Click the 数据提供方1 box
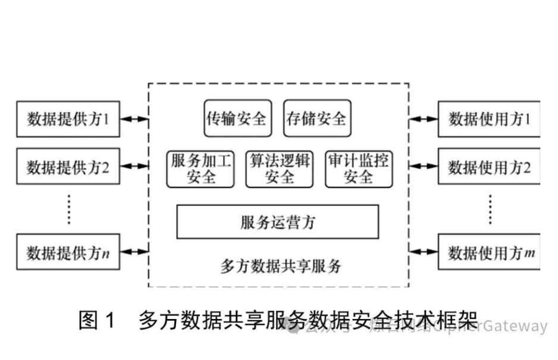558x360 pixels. click(x=68, y=120)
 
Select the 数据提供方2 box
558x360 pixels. click(x=68, y=167)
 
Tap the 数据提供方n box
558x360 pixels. click(x=68, y=252)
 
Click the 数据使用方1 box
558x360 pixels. click(x=489, y=120)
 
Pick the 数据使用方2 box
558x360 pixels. click(x=489, y=167)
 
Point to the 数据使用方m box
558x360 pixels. click(x=489, y=252)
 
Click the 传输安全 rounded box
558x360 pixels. click(x=237, y=118)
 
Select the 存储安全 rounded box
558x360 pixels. click(x=316, y=118)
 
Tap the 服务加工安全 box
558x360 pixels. click(x=200, y=169)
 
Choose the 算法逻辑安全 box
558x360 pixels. click(x=280, y=169)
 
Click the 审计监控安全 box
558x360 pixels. click(x=358, y=169)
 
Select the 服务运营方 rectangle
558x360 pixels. click(x=277, y=222)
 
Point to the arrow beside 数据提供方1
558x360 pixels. click(x=134, y=120)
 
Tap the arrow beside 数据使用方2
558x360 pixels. click(x=424, y=167)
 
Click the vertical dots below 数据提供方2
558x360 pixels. click(x=68, y=209)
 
